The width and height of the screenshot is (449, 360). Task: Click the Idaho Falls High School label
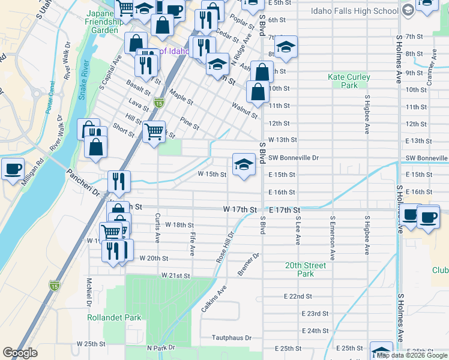pyautogui.click(x=355, y=11)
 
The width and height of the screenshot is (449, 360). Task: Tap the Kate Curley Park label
pyautogui.click(x=349, y=81)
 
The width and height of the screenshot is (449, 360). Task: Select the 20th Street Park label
pyautogui.click(x=300, y=269)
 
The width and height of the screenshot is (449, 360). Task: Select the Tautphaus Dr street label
pyautogui.click(x=232, y=338)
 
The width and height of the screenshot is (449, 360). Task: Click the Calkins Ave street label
pyautogui.click(x=213, y=298)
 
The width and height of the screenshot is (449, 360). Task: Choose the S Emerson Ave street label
pyautogui.click(x=332, y=239)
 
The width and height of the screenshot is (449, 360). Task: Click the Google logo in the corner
pyautogui.click(x=20, y=353)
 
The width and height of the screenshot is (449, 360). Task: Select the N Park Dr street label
pyautogui.click(x=160, y=348)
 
